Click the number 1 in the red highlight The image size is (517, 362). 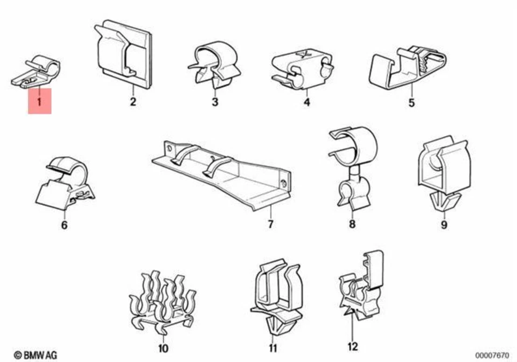click(39, 100)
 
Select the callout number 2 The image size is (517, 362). click(133, 101)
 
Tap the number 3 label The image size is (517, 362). click(214, 101)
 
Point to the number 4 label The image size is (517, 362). click(307, 101)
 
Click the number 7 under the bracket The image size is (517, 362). click(270, 224)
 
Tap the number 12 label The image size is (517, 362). click(353, 347)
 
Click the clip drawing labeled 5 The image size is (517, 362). click(408, 67)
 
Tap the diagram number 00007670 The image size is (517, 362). click(491, 355)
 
